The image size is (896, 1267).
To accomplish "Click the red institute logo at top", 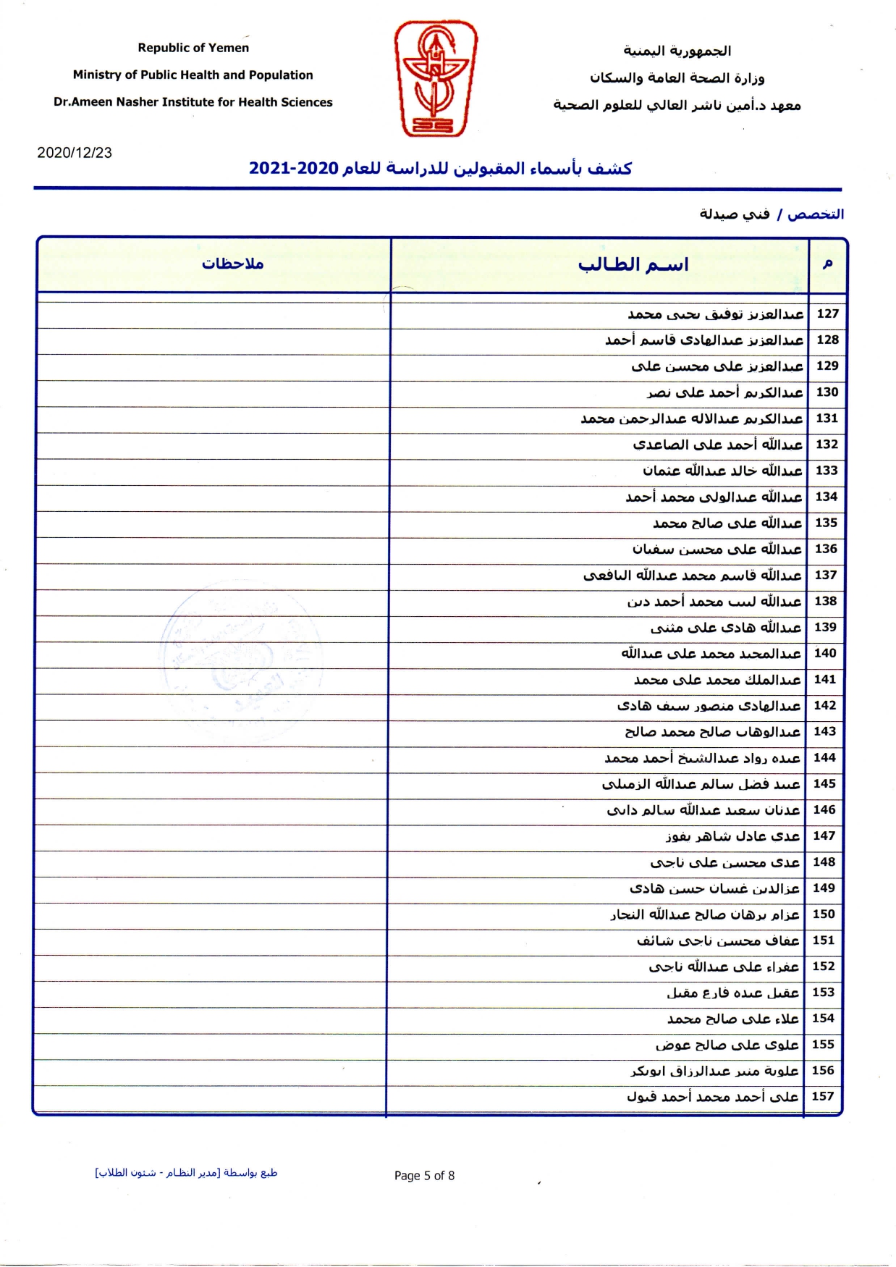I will click(436, 78).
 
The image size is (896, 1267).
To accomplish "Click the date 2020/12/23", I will click(75, 153).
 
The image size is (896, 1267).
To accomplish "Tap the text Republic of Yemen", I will click(193, 48).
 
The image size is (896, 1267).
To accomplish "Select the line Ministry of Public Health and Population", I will click(193, 75).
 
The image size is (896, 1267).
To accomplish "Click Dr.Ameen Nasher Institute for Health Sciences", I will click(193, 102).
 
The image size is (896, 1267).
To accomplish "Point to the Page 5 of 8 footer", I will click(424, 1176).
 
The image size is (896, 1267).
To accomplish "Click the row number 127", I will click(827, 313).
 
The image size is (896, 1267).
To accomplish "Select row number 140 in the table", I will click(825, 653).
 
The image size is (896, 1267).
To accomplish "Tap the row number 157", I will click(823, 1096).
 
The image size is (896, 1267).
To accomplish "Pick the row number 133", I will click(827, 471).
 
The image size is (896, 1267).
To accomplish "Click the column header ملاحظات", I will click(232, 264).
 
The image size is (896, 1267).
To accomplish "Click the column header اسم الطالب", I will click(633, 265).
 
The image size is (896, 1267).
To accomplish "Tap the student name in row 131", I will click(692, 418).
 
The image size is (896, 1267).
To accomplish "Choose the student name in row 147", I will click(733, 836).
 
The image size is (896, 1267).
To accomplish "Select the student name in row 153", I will click(733, 993).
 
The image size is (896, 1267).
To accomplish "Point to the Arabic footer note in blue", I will click(186, 1173).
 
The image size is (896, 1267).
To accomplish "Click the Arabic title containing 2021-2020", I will click(440, 169).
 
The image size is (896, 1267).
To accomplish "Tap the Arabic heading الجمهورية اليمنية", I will click(677, 51).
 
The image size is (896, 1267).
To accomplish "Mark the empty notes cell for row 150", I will click(211, 914).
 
